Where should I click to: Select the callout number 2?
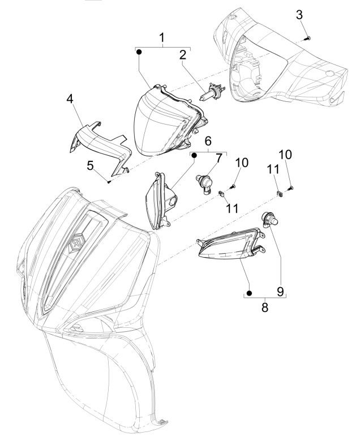pos(183,55)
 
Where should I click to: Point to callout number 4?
pos(70,99)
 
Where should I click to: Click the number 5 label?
pos(89,165)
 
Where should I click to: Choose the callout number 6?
pos(208,140)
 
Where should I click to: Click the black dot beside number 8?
pos(248,293)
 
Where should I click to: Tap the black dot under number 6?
pos(193,155)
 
